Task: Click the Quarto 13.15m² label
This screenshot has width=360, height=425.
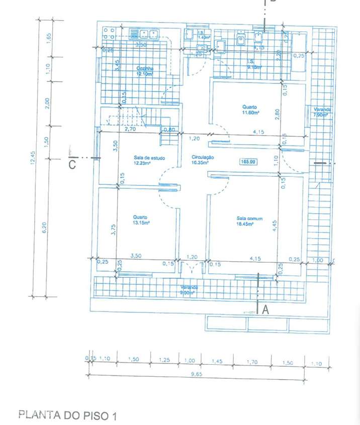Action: (140, 220)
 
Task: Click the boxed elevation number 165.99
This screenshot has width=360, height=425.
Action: (249, 161)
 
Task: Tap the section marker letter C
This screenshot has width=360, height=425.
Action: (72, 164)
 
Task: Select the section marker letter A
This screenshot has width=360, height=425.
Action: (265, 310)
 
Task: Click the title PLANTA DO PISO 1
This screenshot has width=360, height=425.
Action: (67, 415)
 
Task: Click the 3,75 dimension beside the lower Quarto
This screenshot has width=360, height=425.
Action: (114, 229)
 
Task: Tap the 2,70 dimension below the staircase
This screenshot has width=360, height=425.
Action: (130, 129)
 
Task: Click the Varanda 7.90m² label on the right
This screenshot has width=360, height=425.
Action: (320, 113)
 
